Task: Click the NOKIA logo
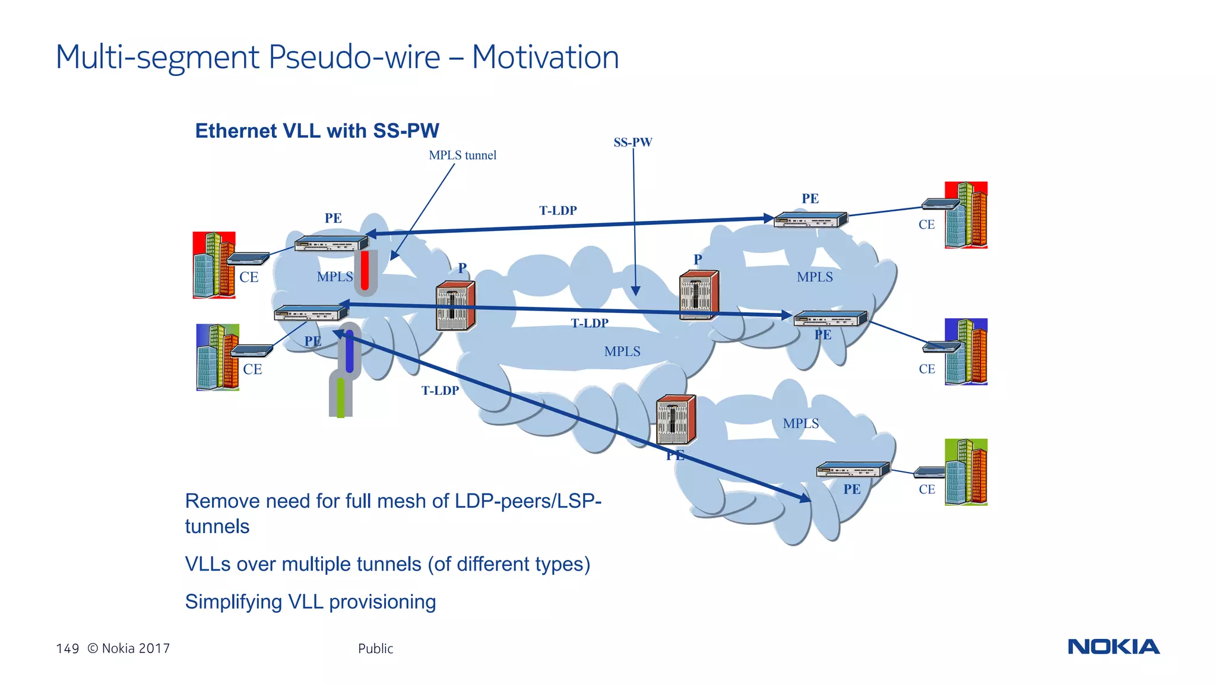1113,647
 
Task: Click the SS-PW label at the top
632,142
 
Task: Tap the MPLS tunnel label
463,155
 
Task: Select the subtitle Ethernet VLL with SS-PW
317,131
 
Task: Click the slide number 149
67,648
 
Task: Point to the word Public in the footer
375,648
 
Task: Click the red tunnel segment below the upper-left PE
365,270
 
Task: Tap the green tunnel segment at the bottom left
340,398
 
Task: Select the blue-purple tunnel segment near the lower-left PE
350,353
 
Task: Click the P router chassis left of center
455,305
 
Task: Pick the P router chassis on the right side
699,294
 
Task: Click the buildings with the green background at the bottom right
966,472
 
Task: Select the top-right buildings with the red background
966,215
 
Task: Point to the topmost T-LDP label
558,210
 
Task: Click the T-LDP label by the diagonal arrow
440,391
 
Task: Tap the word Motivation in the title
545,58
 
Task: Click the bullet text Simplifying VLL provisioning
310,601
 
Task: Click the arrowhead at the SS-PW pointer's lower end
635,291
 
